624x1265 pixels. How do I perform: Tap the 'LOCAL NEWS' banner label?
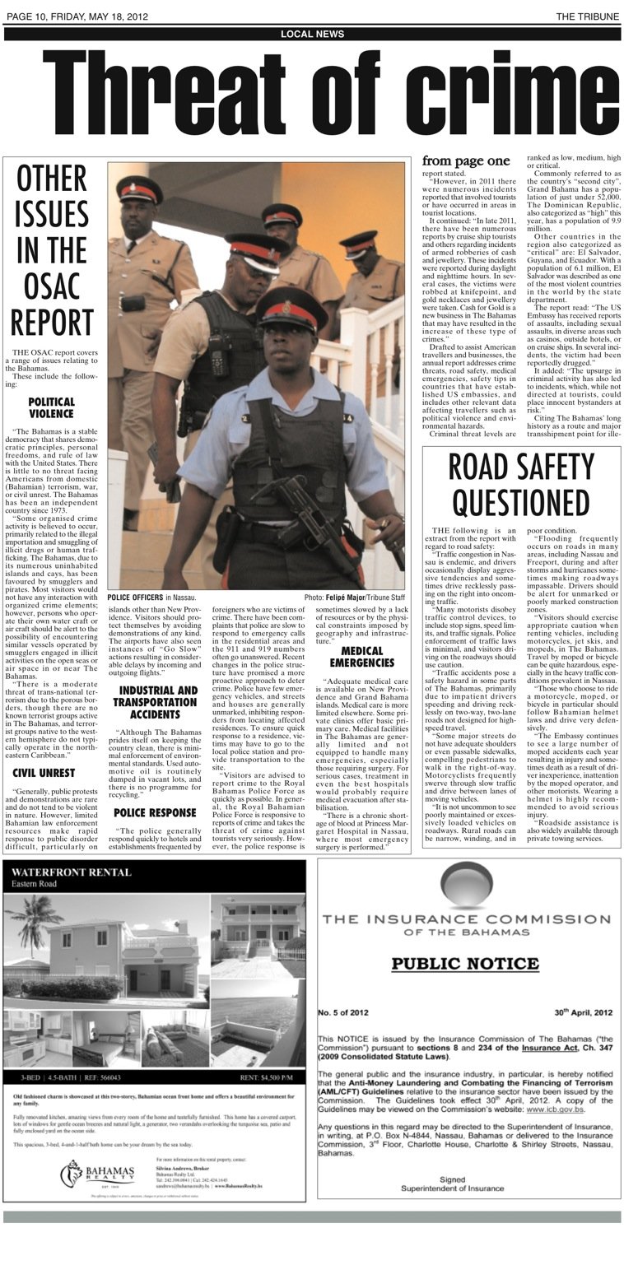312,34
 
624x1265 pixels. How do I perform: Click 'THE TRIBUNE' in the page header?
587,16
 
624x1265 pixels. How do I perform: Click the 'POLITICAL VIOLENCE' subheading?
51,407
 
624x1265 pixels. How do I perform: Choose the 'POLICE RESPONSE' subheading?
155,790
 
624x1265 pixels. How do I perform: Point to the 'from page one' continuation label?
466,161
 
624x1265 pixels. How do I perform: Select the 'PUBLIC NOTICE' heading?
465,963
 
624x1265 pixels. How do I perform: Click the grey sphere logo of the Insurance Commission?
466,883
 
